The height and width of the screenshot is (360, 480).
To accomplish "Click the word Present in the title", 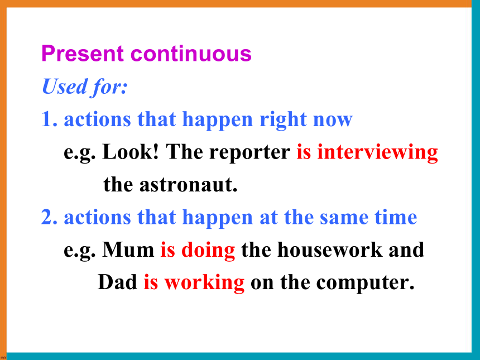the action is (x=83, y=53).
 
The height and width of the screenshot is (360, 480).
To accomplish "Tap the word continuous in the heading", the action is (x=191, y=53).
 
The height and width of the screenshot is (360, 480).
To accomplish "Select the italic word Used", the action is (x=65, y=87).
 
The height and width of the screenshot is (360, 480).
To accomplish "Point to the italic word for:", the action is (x=109, y=87).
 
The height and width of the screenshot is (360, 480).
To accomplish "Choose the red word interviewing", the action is (x=377, y=152).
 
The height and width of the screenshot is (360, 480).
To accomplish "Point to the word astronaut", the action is (x=188, y=185).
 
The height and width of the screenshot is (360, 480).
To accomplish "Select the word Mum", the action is (x=128, y=249).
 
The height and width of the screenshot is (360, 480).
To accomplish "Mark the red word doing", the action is (x=208, y=250).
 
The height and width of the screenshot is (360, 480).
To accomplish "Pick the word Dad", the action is (x=117, y=282).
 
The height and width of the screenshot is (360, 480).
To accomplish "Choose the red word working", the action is (x=204, y=282).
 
